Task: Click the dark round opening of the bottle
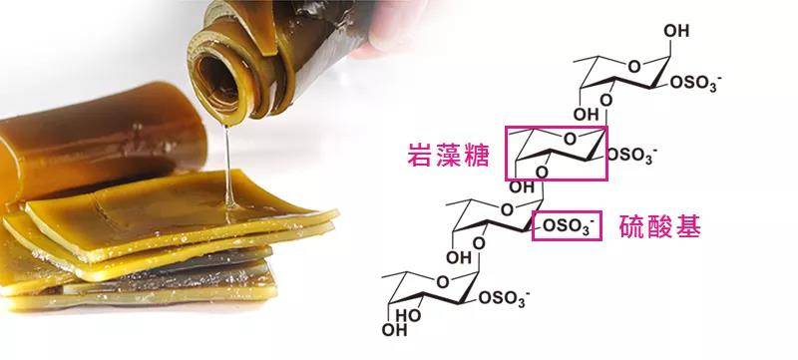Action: pos(219,72)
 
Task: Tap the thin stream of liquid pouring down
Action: pos(228,160)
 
